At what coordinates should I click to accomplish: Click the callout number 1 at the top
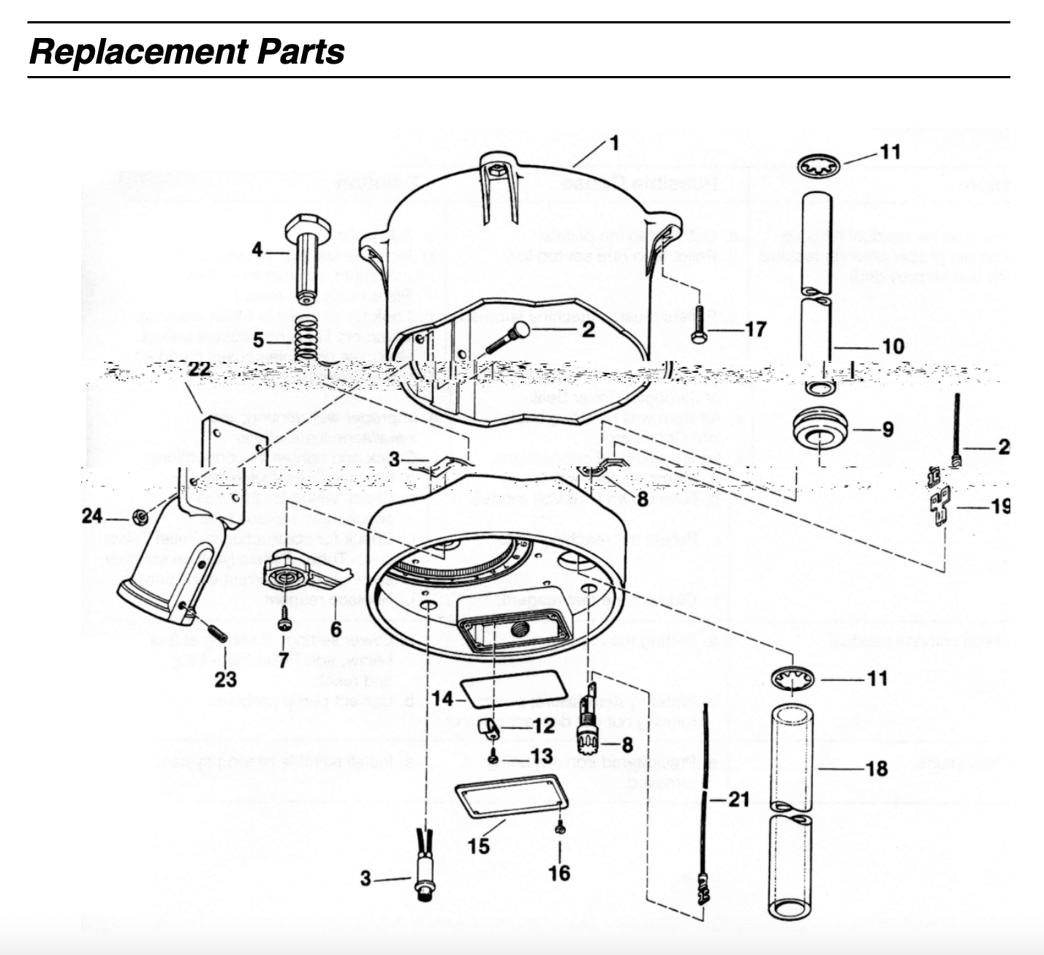pyautogui.click(x=614, y=143)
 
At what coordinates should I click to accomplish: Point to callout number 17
pyautogui.click(x=754, y=329)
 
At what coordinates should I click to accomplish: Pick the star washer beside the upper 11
pyautogui.click(x=818, y=166)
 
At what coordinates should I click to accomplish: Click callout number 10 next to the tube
pyautogui.click(x=893, y=346)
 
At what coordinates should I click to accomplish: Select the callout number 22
pyautogui.click(x=199, y=369)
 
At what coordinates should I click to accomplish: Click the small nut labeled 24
pyautogui.click(x=137, y=518)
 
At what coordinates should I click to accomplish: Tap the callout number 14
pyautogui.click(x=442, y=698)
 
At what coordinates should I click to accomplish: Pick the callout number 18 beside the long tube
pyautogui.click(x=876, y=769)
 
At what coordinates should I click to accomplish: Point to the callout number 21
pyautogui.click(x=738, y=799)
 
